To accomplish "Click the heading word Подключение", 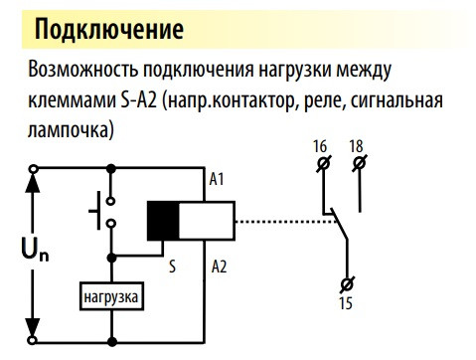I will tap(108, 28).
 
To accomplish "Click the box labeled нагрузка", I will tap(112, 295).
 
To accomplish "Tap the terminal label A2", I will tap(220, 267).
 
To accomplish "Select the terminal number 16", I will tap(320, 146).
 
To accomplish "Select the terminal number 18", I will tap(356, 146).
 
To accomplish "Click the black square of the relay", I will tap(162, 221).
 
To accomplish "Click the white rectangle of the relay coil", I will tap(205, 221).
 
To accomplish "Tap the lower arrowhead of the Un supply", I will tap(36, 328).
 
